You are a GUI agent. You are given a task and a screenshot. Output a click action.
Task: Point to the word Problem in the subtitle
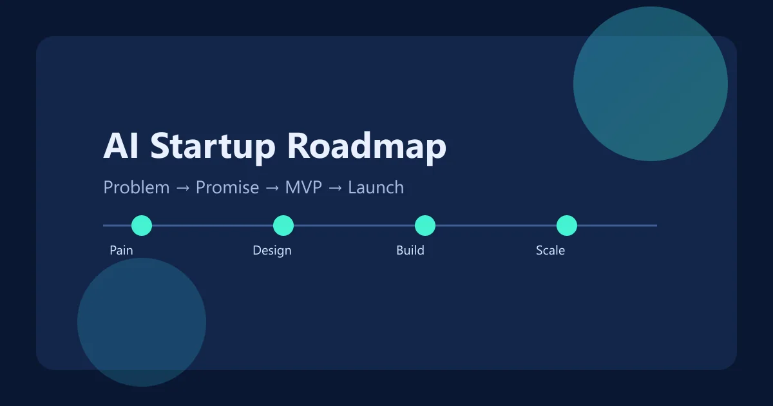coord(137,188)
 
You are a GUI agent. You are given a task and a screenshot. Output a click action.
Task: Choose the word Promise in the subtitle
coord(227,188)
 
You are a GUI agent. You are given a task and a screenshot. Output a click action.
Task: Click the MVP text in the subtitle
coord(303,188)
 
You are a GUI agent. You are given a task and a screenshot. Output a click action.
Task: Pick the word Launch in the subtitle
coord(376,188)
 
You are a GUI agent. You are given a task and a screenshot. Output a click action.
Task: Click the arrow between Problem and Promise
coord(183,188)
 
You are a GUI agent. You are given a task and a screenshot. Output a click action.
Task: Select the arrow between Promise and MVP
coord(272,188)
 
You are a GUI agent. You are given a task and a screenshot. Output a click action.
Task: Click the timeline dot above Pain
coord(142,226)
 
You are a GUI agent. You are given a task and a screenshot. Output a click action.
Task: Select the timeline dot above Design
coord(283,226)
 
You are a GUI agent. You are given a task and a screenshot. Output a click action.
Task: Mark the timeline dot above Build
coord(425,226)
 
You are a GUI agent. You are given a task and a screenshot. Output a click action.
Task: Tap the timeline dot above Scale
coord(567,226)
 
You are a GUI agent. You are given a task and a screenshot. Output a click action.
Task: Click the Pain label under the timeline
coord(121,250)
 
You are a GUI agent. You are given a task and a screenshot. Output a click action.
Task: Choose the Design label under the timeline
coord(272,250)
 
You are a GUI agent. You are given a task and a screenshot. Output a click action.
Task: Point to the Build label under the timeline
coord(410,250)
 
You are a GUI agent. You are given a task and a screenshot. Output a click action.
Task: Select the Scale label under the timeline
coord(550,250)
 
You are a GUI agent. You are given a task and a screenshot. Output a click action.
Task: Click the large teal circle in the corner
coord(651,84)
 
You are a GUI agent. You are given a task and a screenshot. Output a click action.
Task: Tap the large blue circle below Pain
coord(142,322)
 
